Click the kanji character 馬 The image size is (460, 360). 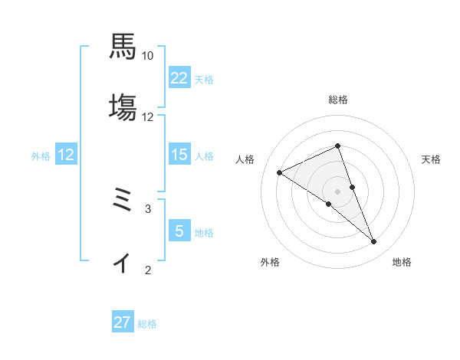point(123,46)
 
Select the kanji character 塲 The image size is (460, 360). point(123,106)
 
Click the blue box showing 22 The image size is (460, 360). point(179,78)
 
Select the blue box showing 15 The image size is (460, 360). point(179,155)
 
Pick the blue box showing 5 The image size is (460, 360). point(179,231)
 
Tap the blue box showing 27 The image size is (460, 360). point(122,322)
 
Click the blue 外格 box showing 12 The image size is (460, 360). point(66,155)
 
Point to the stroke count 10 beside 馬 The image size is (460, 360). point(148,56)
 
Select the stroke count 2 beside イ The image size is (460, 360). point(148,270)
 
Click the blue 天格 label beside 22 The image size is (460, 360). point(204,79)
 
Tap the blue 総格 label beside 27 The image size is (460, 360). point(147,324)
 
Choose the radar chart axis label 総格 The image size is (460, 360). point(337,100)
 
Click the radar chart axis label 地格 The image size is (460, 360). point(402,262)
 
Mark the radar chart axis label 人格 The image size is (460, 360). point(245,159)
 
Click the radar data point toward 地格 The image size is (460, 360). point(374,242)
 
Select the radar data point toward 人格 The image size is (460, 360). point(279,172)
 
